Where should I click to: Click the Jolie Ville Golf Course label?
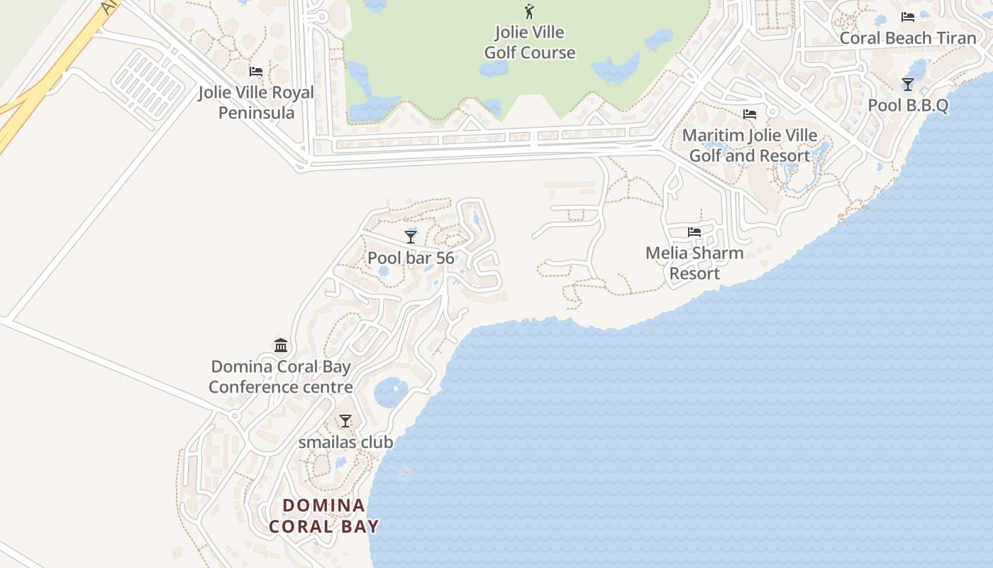529,43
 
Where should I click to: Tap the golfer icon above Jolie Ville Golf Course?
529,11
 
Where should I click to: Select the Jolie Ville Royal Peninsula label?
256,102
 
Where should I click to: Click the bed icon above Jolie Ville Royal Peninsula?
256,72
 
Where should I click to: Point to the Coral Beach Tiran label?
908,38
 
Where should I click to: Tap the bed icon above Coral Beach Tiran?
908,17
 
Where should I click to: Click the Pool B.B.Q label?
908,105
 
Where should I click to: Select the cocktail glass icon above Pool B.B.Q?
908,84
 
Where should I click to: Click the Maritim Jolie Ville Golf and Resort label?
750,145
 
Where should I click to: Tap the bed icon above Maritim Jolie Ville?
750,114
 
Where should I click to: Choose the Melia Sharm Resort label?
694,263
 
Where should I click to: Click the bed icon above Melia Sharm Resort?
694,232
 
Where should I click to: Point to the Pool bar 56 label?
411,258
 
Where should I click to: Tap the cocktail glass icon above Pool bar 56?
411,237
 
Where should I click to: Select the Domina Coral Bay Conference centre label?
281,376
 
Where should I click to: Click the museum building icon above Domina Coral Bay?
281,346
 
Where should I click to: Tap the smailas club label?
345,442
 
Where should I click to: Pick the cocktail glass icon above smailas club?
345,421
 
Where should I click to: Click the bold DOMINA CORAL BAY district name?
324,515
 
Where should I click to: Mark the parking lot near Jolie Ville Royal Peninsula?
149,84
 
